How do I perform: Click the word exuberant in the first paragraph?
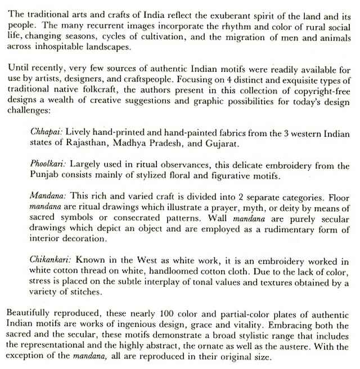tap(231, 12)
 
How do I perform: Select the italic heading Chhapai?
tap(47, 131)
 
